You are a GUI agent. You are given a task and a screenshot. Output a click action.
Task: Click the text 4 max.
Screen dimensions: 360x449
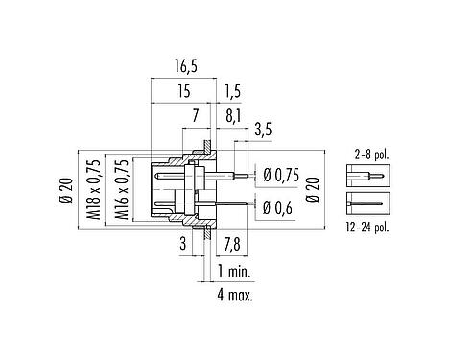coord(235,295)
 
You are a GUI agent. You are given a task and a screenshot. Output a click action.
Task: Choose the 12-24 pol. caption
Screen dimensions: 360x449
coord(368,227)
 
